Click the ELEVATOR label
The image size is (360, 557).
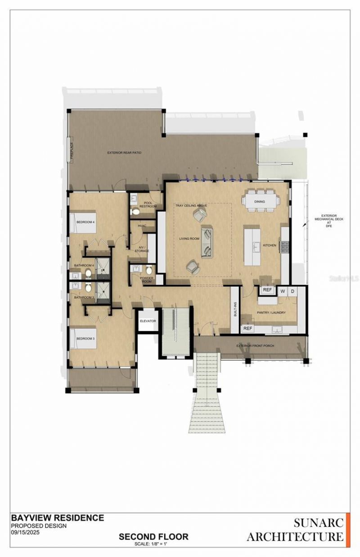[x=148, y=321]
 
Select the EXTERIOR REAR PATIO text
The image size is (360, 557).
[x=124, y=153]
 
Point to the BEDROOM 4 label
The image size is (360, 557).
[x=85, y=222]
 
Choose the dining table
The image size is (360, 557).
[x=260, y=202]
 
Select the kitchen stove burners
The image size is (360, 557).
[x=284, y=247]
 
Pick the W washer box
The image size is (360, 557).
[x=283, y=291]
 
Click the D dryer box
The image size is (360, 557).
[x=292, y=291]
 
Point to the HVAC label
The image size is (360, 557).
[x=143, y=225]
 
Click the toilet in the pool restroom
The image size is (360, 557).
[x=134, y=212]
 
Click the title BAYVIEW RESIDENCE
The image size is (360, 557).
[x=57, y=518]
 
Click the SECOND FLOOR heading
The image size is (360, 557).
[x=153, y=536]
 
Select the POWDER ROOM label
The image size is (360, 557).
[x=147, y=280]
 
